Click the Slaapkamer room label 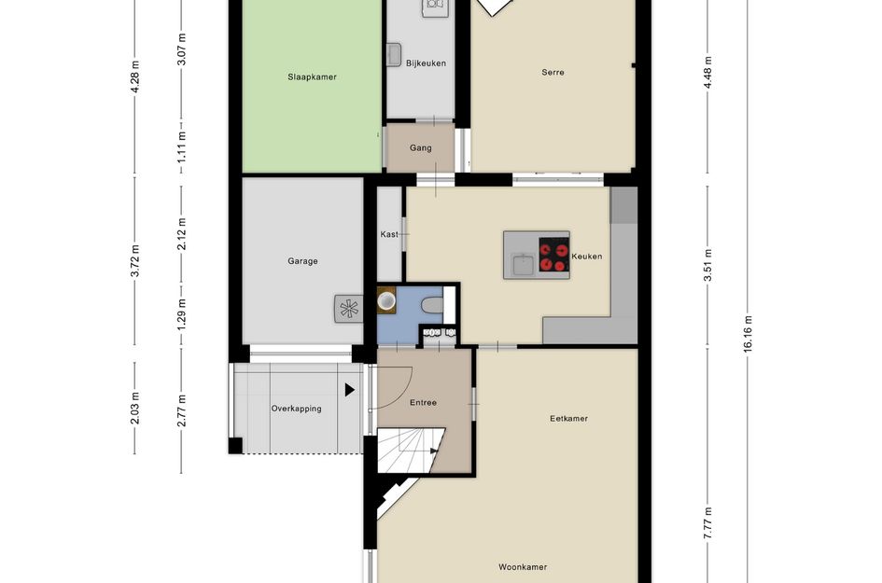(312, 77)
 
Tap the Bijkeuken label (426, 63)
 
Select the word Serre (553, 72)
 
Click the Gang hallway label (421, 148)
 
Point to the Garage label (302, 261)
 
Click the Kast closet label (389, 234)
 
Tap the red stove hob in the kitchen (553, 255)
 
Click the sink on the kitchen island (523, 264)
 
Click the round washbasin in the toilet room (386, 300)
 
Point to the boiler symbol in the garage (349, 309)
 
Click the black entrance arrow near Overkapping (349, 389)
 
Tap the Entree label (423, 403)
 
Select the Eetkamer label (568, 418)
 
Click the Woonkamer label (523, 567)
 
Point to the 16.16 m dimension (748, 334)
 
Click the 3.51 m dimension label (708, 265)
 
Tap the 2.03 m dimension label (135, 409)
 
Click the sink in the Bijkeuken (394, 54)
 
